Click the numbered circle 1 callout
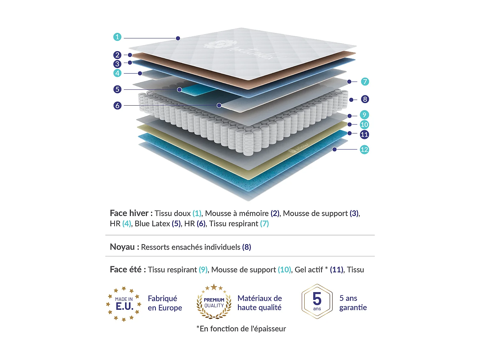[x=117, y=37]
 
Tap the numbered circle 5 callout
[x=117, y=89]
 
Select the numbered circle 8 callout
[x=365, y=99]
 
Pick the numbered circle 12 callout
[x=364, y=149]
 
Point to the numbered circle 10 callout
[x=364, y=124]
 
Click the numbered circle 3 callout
[x=117, y=64]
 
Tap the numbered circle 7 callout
[x=365, y=82]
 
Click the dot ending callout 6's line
[x=219, y=105]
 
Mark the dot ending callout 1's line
[x=178, y=38]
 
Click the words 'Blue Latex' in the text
[x=152, y=224]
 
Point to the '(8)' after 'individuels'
[x=246, y=247]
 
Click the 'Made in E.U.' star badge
[x=124, y=304]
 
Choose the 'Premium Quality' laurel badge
[x=214, y=302]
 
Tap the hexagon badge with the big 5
[x=317, y=301]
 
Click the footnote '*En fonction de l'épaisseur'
[x=241, y=329]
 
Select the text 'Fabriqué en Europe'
[x=165, y=303]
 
